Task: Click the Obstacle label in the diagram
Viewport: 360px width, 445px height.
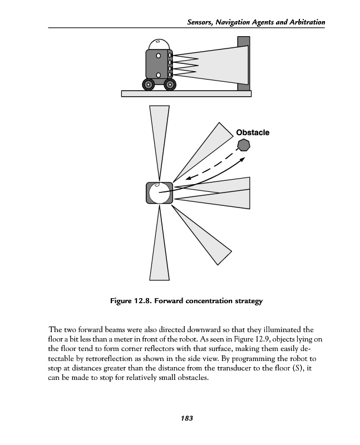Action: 253,132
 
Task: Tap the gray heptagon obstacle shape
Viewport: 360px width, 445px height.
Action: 243,145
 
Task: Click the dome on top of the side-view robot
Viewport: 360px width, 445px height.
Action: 158,43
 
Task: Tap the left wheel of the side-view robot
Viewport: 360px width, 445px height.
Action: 149,85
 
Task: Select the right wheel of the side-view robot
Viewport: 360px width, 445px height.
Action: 170,85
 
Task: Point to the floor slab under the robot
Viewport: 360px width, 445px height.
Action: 186,93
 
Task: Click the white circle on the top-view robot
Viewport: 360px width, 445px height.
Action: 159,194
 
